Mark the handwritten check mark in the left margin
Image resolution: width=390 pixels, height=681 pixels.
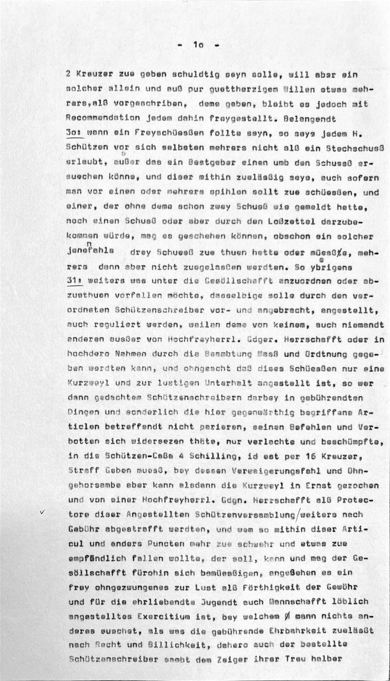[43, 512]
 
